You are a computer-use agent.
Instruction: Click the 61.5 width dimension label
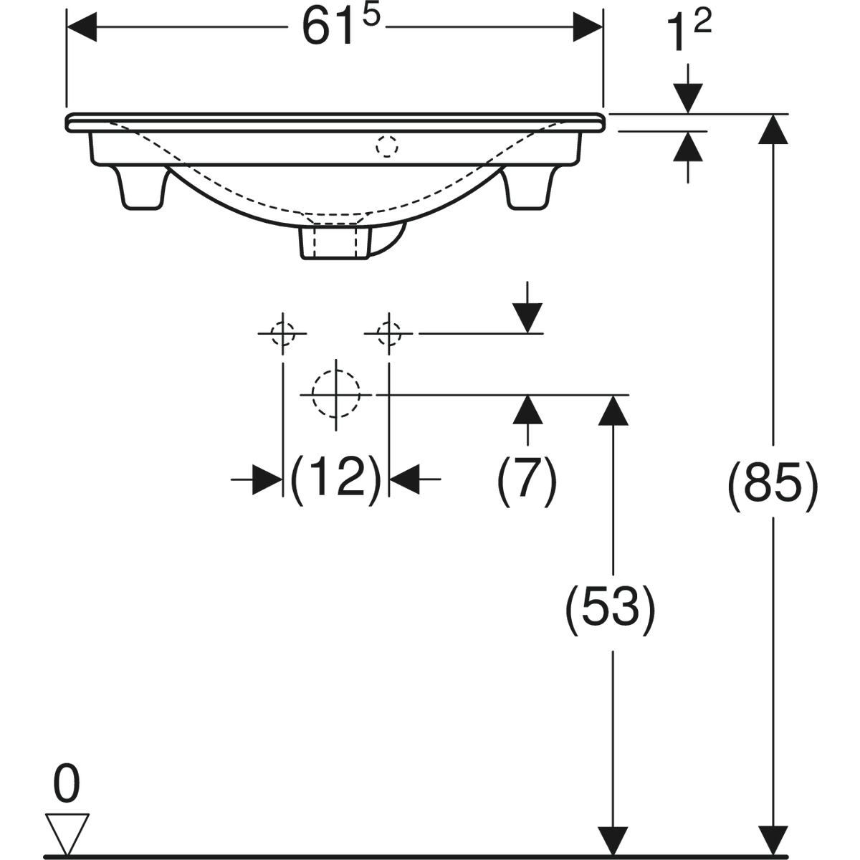(x=341, y=27)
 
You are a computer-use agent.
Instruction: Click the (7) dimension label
(x=527, y=480)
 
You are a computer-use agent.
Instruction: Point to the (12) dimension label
(x=336, y=480)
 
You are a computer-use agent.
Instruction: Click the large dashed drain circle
(x=335, y=394)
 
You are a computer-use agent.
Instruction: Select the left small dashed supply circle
(x=282, y=333)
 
